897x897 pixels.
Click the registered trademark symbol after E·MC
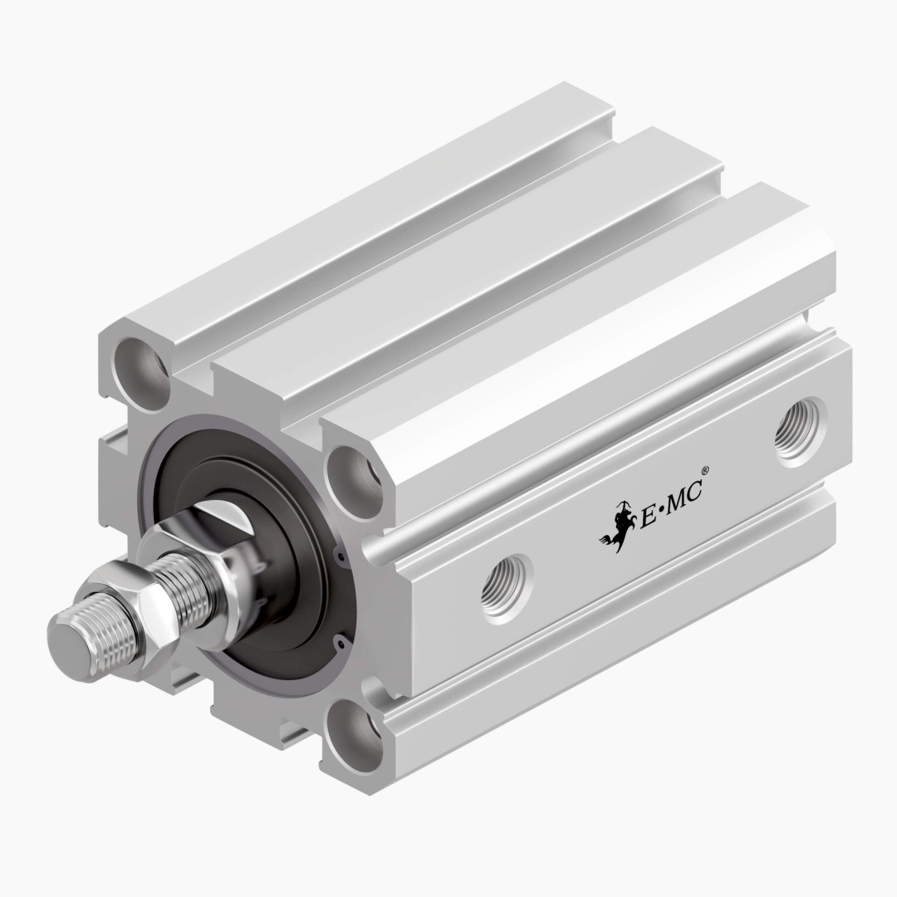click(705, 481)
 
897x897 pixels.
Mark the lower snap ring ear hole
click(338, 640)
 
